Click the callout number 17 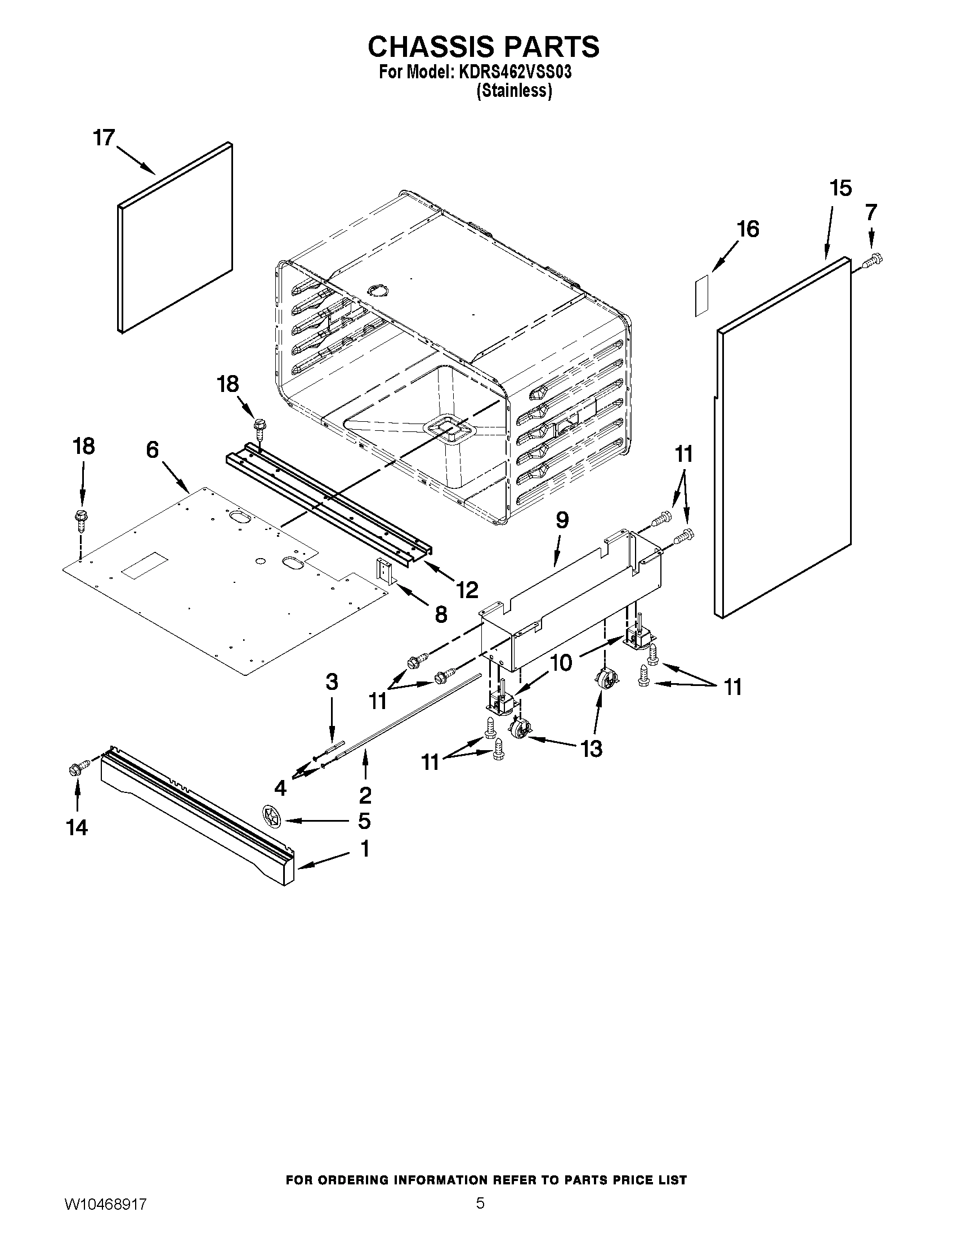point(104,138)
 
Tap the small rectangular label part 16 point(701,296)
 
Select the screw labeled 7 point(874,261)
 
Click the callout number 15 point(841,188)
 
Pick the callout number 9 point(562,520)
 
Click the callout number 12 point(467,590)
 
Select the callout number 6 point(153,450)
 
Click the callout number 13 point(591,749)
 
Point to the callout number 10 point(561,662)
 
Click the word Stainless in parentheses point(514,91)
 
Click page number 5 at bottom point(480,1215)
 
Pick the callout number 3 point(332,682)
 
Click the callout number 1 point(365,849)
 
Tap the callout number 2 point(365,795)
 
